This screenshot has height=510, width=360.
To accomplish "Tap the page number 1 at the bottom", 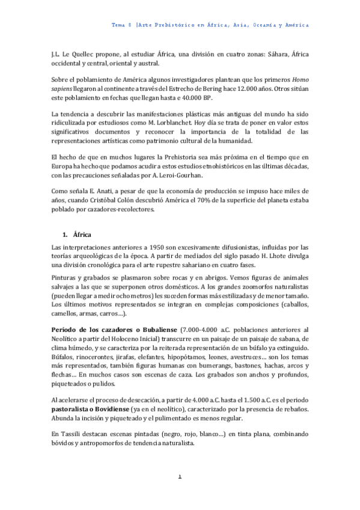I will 180,477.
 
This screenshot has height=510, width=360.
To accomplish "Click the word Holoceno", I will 128,339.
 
